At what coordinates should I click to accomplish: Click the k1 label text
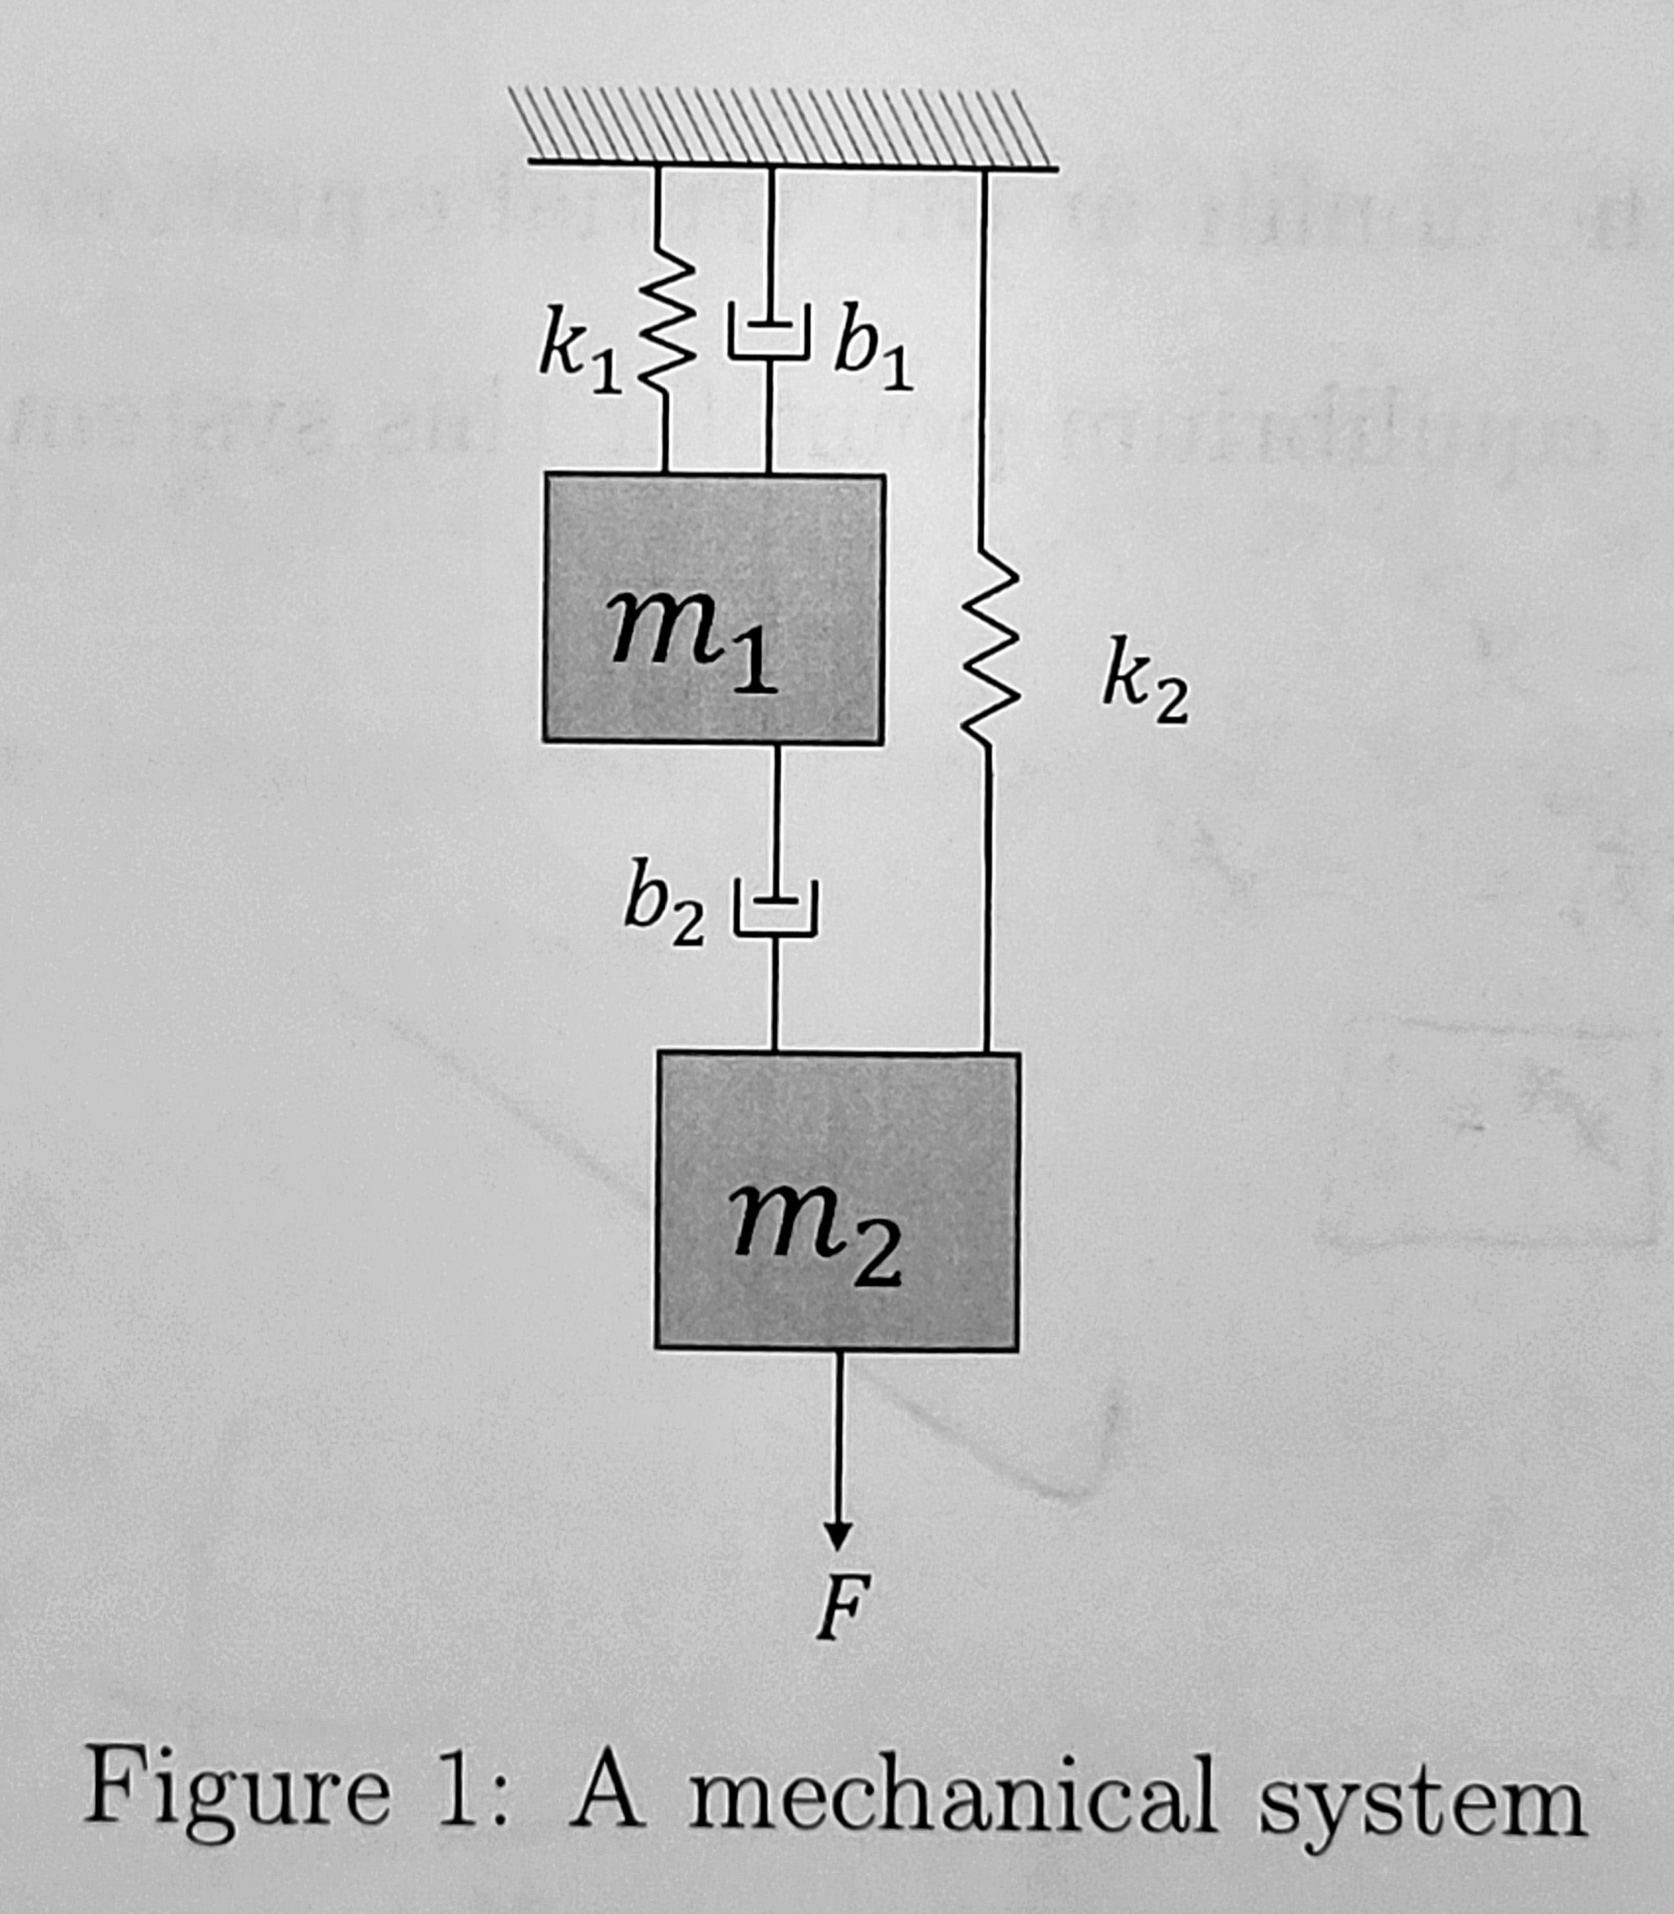coord(580,355)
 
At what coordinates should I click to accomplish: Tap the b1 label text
coord(872,345)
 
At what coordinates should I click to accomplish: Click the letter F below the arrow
coord(842,1607)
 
